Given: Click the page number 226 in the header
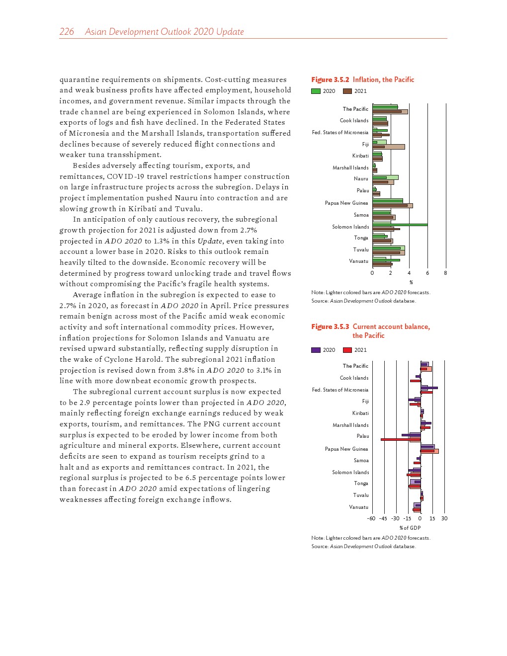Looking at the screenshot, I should pyautogui.click(x=67, y=32).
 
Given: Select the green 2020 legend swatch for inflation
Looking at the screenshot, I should pyautogui.click(x=316, y=91).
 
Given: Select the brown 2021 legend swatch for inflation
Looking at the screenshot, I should pyautogui.click(x=347, y=91).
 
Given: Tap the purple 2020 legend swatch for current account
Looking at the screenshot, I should pyautogui.click(x=316, y=350).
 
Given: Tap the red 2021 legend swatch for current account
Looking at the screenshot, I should pyautogui.click(x=347, y=350).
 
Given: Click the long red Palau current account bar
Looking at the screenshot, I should pyautogui.click(x=400, y=439).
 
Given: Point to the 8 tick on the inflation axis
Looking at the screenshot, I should pyautogui.click(x=445, y=273).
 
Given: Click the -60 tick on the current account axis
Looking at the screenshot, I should pyautogui.click(x=371, y=518).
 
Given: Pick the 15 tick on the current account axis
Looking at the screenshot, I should pyautogui.click(x=432, y=518).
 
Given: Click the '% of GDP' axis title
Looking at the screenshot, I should pyautogui.click(x=410, y=528).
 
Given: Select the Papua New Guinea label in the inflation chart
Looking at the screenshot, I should pyautogui.click(x=346, y=203).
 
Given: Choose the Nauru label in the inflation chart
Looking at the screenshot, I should pyautogui.click(x=361, y=179).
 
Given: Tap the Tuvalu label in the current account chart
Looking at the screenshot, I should pyautogui.click(x=361, y=495).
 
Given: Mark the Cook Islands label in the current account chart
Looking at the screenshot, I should pyautogui.click(x=354, y=378).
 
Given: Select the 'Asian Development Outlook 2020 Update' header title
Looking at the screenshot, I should pyautogui.click(x=164, y=32).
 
